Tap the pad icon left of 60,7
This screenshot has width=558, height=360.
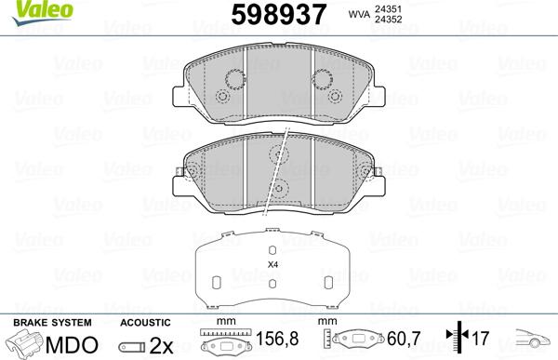(x=357, y=342)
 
